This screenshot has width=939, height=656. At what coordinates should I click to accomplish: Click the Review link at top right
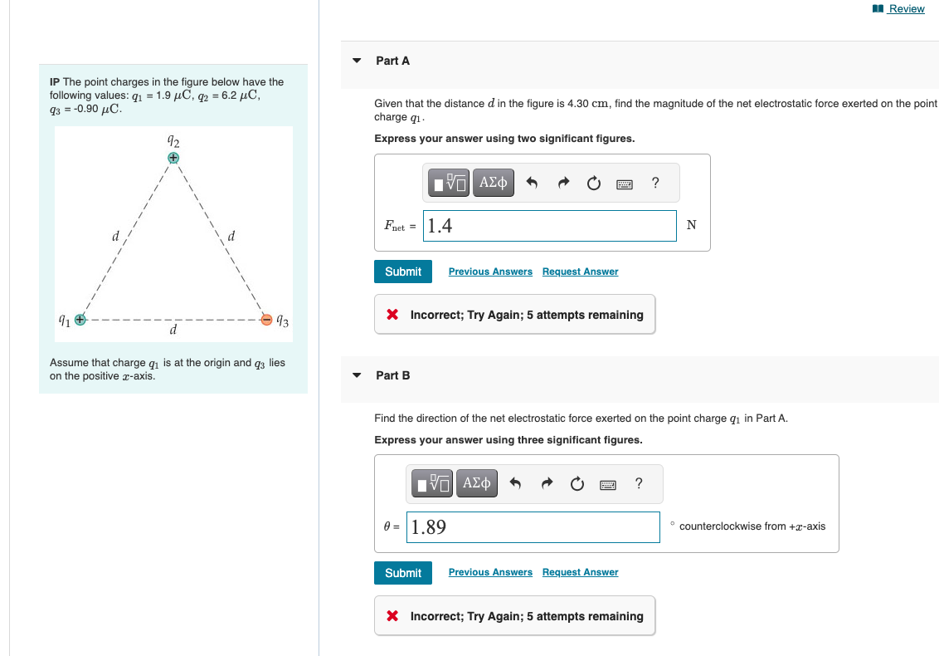(x=905, y=8)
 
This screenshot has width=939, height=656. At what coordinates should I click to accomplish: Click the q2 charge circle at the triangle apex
(x=173, y=157)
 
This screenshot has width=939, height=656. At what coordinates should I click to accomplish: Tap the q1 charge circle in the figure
(x=80, y=319)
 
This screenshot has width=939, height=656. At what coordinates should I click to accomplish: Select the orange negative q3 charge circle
(x=266, y=319)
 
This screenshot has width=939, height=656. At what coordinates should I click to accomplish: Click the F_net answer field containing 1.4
(x=549, y=226)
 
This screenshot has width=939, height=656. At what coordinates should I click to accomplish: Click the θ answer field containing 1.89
(x=533, y=526)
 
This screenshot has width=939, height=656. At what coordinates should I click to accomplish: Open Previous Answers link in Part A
(x=490, y=272)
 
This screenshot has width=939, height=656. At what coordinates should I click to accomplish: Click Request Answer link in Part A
(x=580, y=272)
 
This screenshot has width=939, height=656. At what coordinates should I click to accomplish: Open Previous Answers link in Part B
(x=490, y=572)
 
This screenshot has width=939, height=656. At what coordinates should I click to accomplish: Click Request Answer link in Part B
(x=580, y=572)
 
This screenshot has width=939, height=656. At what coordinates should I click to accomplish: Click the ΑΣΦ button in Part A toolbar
(x=494, y=183)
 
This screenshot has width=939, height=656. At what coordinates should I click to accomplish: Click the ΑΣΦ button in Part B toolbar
(x=477, y=483)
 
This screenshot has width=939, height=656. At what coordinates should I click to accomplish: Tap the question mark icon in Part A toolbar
(x=655, y=183)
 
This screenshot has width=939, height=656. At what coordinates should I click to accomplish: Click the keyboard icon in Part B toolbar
(x=608, y=483)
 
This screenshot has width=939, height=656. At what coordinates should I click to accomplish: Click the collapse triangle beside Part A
(x=357, y=61)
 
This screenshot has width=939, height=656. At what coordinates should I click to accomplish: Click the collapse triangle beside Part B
(x=357, y=375)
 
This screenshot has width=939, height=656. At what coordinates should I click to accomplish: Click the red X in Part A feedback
(x=393, y=315)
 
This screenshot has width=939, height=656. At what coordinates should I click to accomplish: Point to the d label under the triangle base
(x=173, y=331)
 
